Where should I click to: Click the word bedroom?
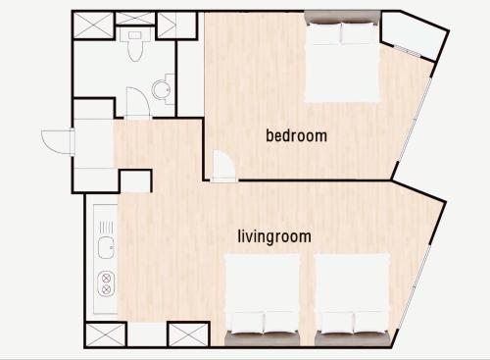click(x=296, y=136)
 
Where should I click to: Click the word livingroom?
click(x=274, y=236)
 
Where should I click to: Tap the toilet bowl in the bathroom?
click(x=134, y=48)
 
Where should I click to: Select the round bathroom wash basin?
click(x=161, y=89)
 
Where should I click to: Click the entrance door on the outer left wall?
click(x=57, y=141)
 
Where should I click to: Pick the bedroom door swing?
click(x=223, y=165)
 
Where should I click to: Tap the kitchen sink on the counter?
click(x=106, y=248)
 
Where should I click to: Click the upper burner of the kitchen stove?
click(x=106, y=279)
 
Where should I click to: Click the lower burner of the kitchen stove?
click(x=106, y=289)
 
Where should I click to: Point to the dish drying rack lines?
click(x=106, y=228)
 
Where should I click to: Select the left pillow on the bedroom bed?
click(x=322, y=33)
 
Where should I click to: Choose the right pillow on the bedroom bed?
click(x=359, y=33)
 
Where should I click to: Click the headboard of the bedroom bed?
click(x=342, y=17)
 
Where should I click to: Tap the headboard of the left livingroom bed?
click(x=262, y=338)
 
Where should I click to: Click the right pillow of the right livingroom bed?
click(x=371, y=322)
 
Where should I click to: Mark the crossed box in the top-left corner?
click(x=93, y=26)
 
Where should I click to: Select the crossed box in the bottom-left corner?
click(x=105, y=334)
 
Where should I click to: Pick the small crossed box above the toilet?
click(x=135, y=18)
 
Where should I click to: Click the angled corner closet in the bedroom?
click(x=414, y=34)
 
